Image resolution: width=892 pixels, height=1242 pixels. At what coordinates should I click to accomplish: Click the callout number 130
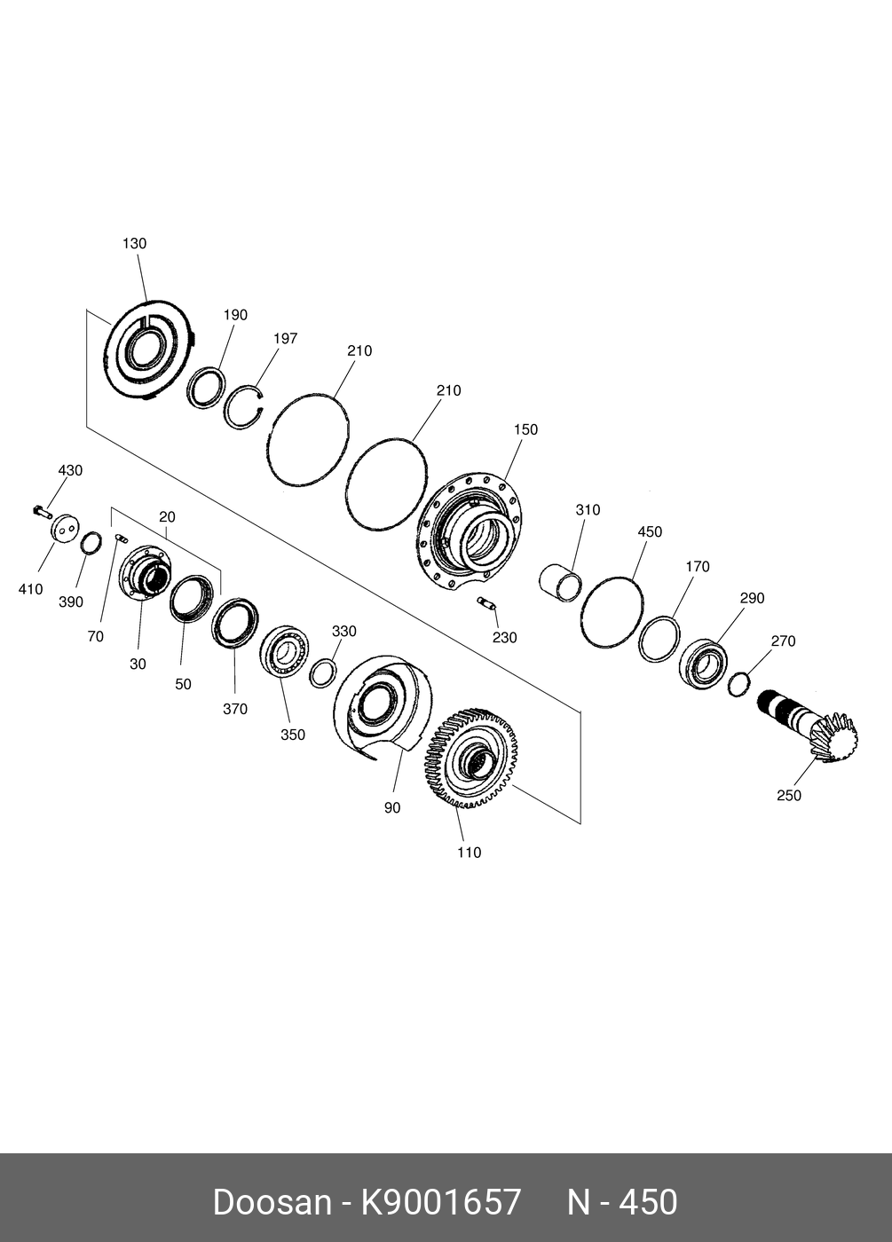click(x=134, y=243)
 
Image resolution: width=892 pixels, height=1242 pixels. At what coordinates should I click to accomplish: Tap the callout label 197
click(x=285, y=338)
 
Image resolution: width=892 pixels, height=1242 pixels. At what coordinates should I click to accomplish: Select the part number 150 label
click(x=525, y=429)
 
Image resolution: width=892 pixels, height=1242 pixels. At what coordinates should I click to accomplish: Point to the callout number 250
click(x=788, y=795)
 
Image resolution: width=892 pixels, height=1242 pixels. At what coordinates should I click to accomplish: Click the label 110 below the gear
click(x=469, y=853)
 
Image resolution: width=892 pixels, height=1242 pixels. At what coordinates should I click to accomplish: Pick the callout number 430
click(x=70, y=470)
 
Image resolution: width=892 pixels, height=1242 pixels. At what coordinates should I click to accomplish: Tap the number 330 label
click(x=343, y=631)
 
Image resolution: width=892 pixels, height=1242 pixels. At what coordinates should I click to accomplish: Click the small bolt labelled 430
click(x=41, y=511)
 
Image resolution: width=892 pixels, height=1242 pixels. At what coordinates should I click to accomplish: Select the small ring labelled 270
click(x=738, y=684)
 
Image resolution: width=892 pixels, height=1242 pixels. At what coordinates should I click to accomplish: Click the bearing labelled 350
click(x=284, y=652)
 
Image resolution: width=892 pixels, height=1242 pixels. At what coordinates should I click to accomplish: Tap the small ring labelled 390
click(x=91, y=542)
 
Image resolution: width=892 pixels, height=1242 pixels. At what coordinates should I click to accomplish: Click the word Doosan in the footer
click(x=271, y=1202)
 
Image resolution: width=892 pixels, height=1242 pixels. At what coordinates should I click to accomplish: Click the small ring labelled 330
click(x=323, y=673)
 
